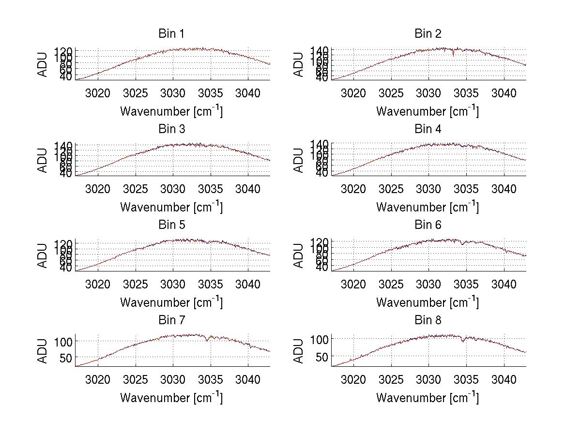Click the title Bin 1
pyautogui.click(x=171, y=34)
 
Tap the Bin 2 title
pyautogui.click(x=428, y=34)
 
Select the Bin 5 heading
pyautogui.click(x=171, y=225)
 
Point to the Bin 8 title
pyautogui.click(x=428, y=320)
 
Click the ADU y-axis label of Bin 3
pyautogui.click(x=43, y=160)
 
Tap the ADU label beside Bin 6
pyautogui.click(x=299, y=256)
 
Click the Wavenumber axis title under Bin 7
pyautogui.click(x=171, y=398)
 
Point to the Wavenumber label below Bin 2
pyautogui.click(x=428, y=111)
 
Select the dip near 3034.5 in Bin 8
pyautogui.click(x=463, y=341)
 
